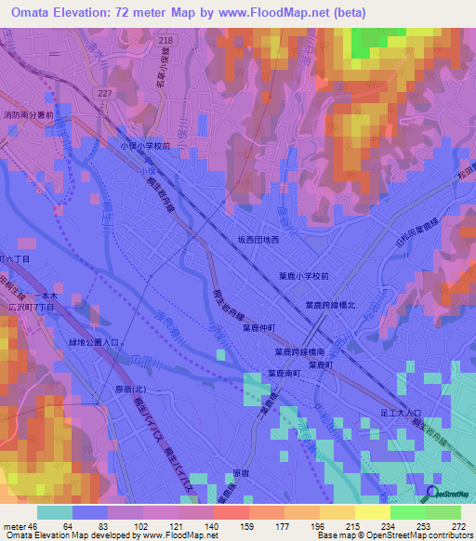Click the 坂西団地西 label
pyautogui.click(x=264, y=240)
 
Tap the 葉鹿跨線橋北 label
pyautogui.click(x=332, y=304)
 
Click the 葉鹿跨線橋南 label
pyautogui.click(x=299, y=352)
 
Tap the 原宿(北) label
pyautogui.click(x=131, y=389)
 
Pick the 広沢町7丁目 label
pyautogui.click(x=29, y=305)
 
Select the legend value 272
pyautogui.click(x=458, y=526)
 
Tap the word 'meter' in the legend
pyautogui.click(x=14, y=526)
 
